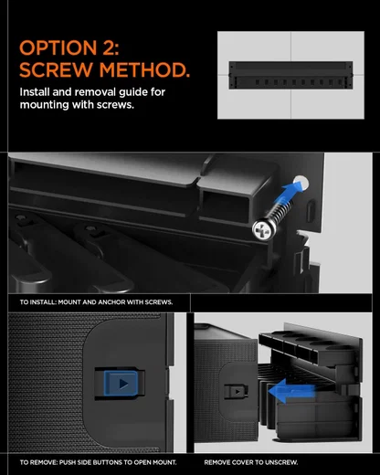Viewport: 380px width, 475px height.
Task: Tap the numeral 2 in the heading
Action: click(x=109, y=48)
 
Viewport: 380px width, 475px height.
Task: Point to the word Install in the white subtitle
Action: click(x=35, y=91)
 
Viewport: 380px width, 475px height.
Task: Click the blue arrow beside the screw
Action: click(x=289, y=191)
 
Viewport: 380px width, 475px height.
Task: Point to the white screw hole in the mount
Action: click(x=301, y=183)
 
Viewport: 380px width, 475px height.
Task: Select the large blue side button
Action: click(x=121, y=384)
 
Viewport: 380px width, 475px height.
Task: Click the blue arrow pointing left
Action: click(x=291, y=391)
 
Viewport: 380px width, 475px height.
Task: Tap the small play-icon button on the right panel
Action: click(x=237, y=391)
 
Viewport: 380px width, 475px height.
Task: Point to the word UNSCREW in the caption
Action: click(x=281, y=462)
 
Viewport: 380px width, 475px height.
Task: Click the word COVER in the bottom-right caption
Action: click(x=242, y=462)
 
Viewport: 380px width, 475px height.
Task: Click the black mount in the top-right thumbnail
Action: click(x=290, y=75)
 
